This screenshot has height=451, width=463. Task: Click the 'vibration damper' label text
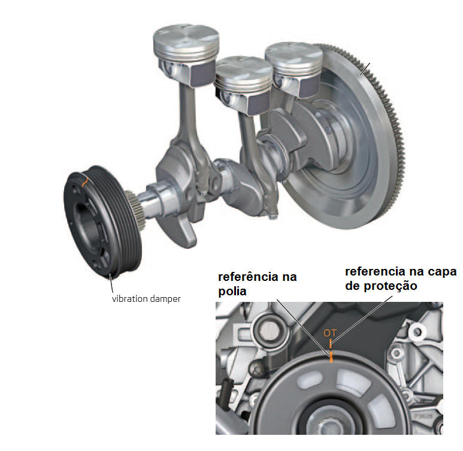tap(146, 299)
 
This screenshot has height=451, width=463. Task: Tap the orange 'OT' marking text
tap(330, 333)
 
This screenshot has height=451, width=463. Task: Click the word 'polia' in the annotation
tap(232, 292)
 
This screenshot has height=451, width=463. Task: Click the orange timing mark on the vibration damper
tap(84, 181)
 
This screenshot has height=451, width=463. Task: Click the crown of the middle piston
tap(244, 69)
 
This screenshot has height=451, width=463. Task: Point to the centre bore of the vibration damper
tap(86, 219)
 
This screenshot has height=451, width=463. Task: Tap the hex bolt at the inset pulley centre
tap(330, 425)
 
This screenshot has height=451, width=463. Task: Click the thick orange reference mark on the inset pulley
tap(331, 357)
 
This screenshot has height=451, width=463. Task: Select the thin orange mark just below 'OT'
tap(331, 343)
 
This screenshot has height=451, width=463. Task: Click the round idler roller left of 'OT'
tap(270, 329)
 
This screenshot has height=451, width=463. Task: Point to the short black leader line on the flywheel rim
tap(365, 69)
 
